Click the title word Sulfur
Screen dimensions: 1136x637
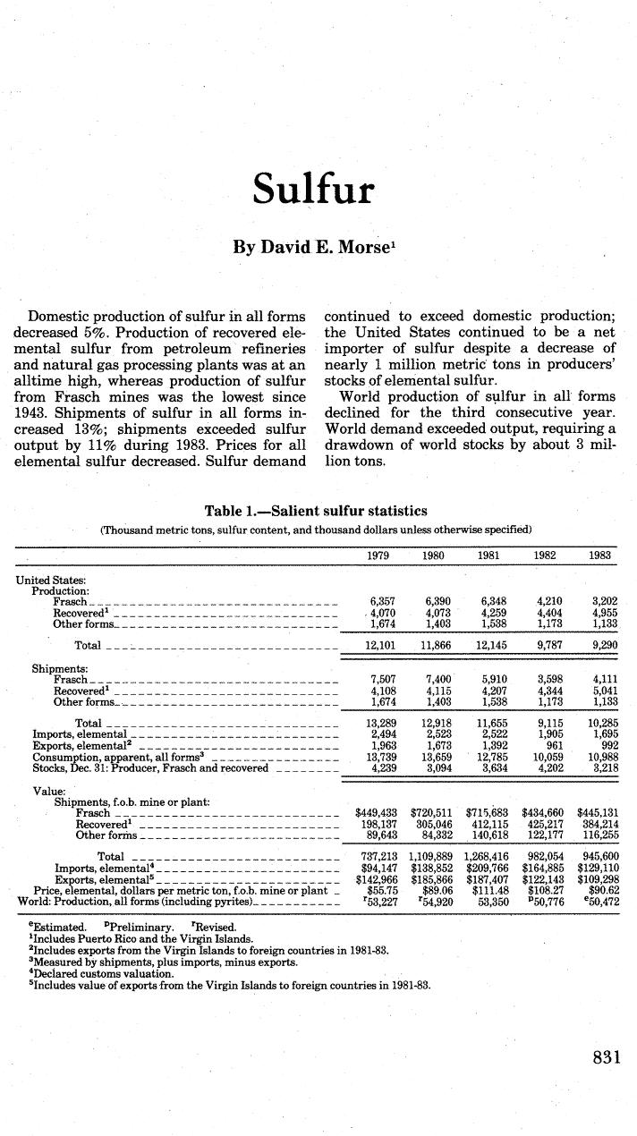(312, 189)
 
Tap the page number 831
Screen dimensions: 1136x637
(607, 1057)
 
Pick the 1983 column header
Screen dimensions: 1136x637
(599, 555)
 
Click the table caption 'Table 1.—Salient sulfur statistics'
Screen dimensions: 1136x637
(316, 512)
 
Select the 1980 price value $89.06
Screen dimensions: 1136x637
(437, 891)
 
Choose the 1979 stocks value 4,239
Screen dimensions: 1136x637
(383, 767)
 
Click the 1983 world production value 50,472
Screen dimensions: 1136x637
(599, 902)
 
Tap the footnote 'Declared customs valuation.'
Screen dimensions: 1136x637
(102, 973)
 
